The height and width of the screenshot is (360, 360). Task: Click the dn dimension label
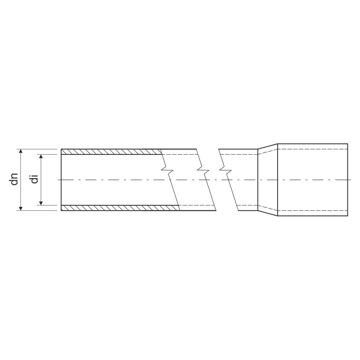[x=14, y=179]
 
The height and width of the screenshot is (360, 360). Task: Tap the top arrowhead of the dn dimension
[x=21, y=151]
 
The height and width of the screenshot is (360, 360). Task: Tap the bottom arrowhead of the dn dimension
[x=21, y=208]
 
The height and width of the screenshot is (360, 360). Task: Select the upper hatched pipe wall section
[x=111, y=152]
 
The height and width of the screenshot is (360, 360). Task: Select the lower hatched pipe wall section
[x=120, y=208]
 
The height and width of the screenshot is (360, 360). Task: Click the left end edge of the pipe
[x=61, y=180]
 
